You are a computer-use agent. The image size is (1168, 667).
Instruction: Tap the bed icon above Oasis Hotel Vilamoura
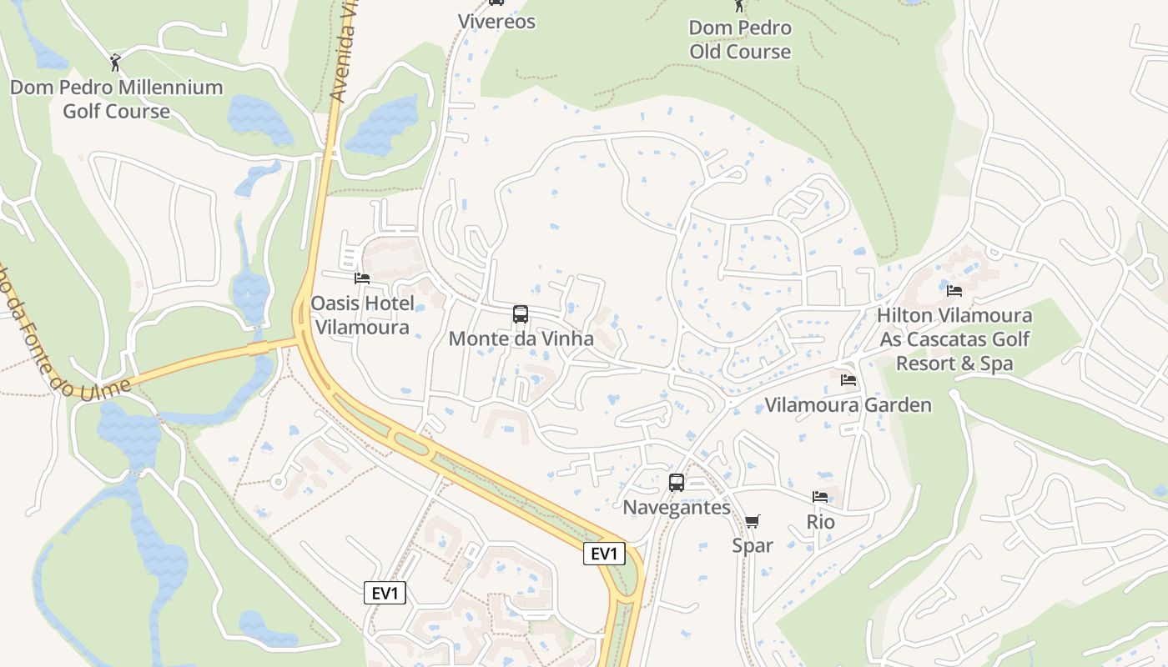click(361, 278)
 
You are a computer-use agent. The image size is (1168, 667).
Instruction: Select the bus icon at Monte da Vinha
click(521, 314)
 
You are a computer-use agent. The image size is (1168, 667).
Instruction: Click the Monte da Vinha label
click(521, 339)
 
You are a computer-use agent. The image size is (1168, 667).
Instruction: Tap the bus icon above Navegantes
click(677, 482)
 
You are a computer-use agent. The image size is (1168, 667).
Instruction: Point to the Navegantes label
click(677, 507)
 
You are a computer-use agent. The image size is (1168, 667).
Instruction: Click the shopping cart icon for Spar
click(752, 521)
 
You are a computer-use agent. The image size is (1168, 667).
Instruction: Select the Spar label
click(753, 545)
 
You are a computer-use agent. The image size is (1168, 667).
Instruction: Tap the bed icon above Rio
click(820, 497)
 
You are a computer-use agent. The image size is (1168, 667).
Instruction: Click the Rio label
click(820, 522)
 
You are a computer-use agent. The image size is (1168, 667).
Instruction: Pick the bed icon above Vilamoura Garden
click(848, 380)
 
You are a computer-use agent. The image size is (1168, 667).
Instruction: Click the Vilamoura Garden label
click(848, 405)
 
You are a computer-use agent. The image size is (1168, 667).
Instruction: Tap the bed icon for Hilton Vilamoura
click(954, 291)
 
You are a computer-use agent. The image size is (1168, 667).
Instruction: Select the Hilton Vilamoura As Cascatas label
click(954, 339)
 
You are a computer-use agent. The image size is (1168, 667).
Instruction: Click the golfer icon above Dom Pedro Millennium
click(115, 63)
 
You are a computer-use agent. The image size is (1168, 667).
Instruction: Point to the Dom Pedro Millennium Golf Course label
click(116, 98)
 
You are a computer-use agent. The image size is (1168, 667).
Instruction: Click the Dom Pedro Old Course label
click(740, 39)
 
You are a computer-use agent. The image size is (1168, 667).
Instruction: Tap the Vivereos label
click(496, 21)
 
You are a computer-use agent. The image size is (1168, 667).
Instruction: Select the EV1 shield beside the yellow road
click(603, 554)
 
